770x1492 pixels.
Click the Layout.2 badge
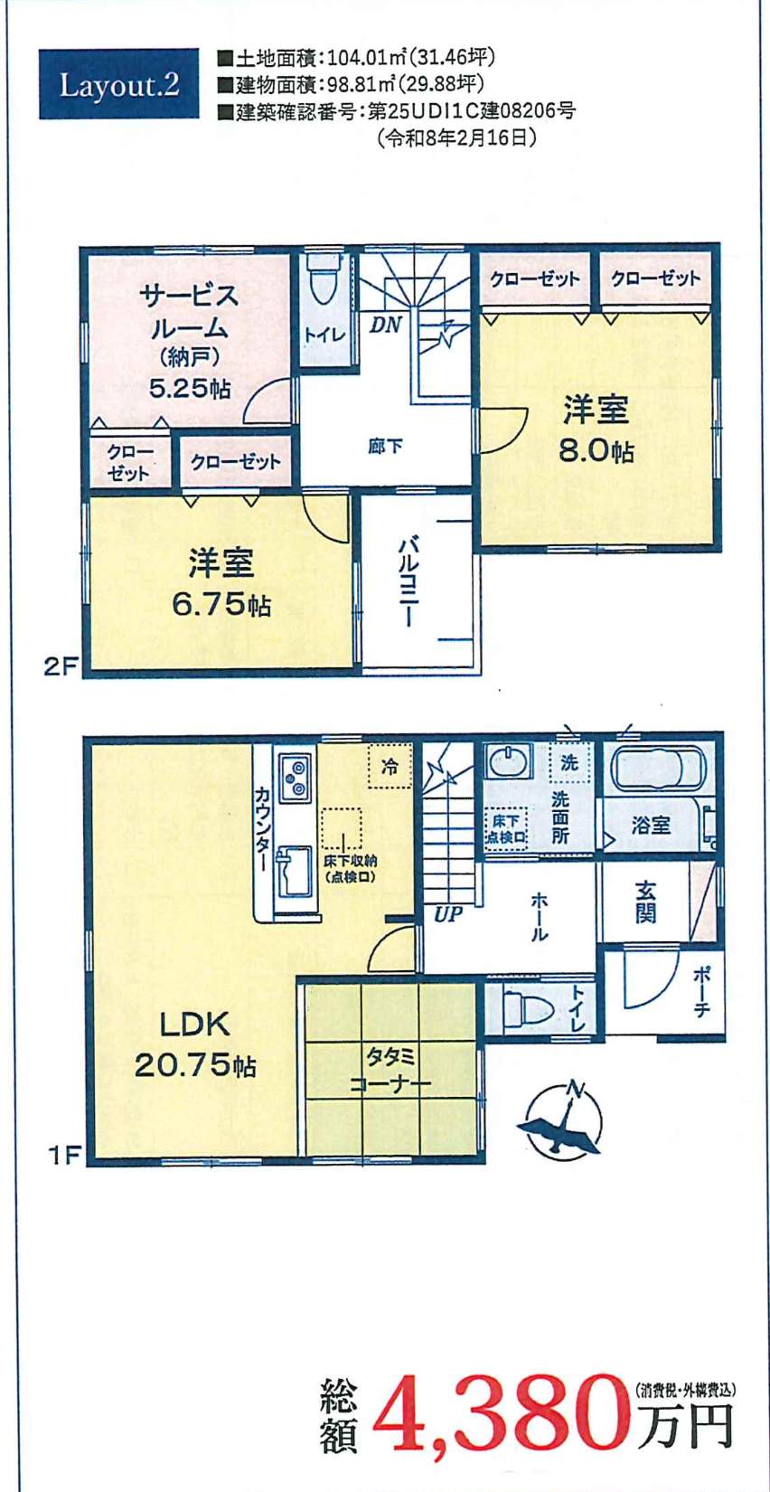118,85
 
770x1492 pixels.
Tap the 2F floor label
61,666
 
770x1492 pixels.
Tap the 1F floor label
64,1155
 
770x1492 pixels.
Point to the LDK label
194,1025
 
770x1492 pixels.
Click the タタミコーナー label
390,1070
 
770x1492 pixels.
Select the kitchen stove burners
296,778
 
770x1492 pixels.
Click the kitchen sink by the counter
295,871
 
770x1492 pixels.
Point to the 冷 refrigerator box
390,767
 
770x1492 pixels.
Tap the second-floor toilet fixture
322,280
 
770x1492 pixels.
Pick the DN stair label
385,325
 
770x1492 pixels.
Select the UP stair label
448,914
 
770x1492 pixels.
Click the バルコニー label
408,581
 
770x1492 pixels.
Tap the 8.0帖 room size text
596,450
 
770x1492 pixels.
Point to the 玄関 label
644,902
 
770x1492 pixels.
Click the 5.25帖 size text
190,389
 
